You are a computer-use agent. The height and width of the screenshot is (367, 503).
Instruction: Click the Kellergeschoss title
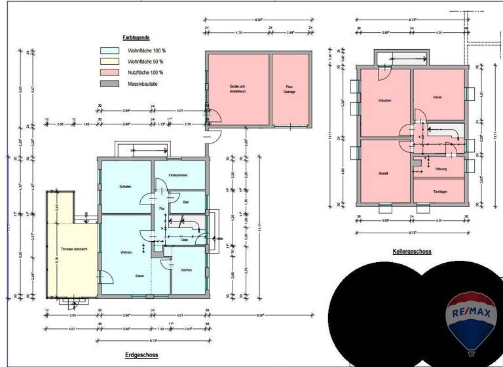(x=411, y=251)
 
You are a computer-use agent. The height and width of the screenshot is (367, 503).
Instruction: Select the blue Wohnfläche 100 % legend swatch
(x=109, y=50)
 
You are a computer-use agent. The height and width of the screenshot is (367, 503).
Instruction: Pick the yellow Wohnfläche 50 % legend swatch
(x=109, y=61)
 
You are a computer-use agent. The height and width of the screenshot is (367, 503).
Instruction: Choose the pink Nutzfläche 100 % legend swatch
(x=109, y=72)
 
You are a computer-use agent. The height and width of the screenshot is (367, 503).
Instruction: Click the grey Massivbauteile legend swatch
(x=109, y=84)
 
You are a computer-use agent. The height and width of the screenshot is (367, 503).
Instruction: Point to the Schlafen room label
(x=126, y=187)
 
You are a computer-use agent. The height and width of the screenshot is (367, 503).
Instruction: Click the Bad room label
(x=185, y=202)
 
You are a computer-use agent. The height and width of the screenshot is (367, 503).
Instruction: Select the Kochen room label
(x=186, y=270)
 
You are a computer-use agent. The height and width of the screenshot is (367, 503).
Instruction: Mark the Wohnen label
(x=126, y=252)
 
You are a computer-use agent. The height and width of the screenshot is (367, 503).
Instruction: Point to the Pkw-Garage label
(x=290, y=89)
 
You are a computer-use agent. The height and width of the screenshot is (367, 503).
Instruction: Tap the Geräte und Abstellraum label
(x=236, y=89)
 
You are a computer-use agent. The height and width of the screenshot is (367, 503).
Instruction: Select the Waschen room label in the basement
(x=384, y=101)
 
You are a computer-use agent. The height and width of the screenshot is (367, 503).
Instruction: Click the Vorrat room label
(x=437, y=98)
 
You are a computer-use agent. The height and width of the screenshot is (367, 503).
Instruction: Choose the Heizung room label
(x=440, y=169)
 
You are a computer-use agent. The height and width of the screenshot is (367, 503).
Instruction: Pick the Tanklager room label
(x=439, y=191)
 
